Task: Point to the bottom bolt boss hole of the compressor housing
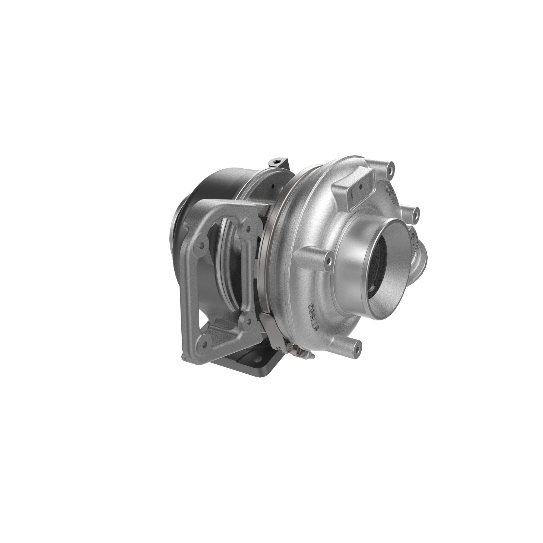(x=357, y=350)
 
